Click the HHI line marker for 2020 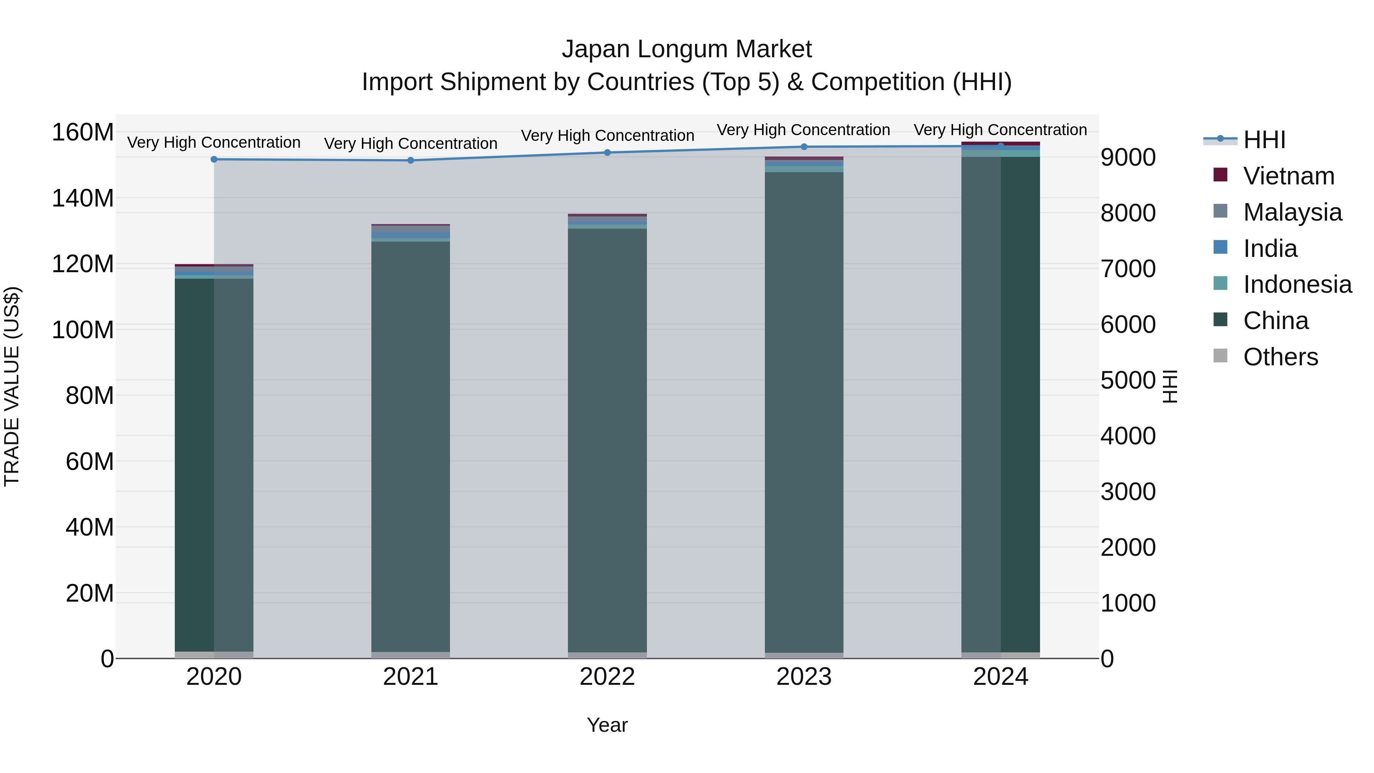pos(214,159)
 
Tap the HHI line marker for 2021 pos(411,160)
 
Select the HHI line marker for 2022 pos(607,153)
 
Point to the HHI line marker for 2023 pos(804,147)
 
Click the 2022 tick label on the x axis pos(607,677)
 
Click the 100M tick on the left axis pos(83,330)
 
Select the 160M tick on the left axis pos(83,132)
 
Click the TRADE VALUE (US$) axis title pos(12,386)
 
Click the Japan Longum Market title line pos(687,49)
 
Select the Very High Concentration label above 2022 pos(607,136)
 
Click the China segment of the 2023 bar pos(804,411)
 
